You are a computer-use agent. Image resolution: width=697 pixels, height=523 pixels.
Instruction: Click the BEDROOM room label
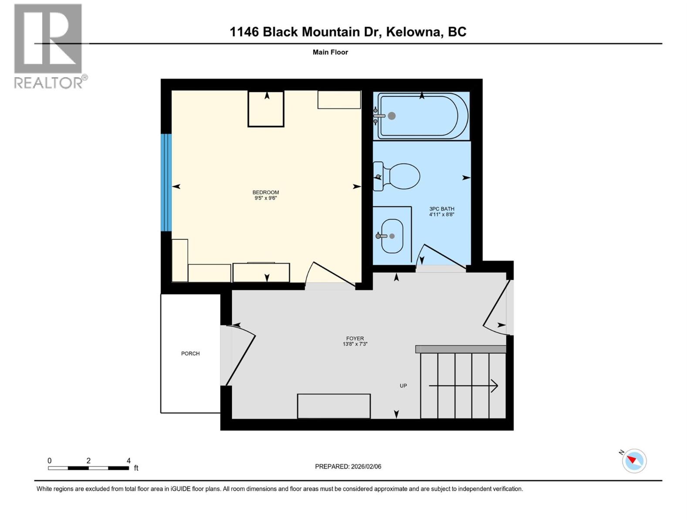point(265,192)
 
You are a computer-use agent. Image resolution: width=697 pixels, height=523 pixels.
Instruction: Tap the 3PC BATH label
point(442,209)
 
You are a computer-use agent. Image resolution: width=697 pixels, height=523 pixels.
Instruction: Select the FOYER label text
point(355,338)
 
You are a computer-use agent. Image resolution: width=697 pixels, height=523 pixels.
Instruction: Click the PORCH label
point(190,353)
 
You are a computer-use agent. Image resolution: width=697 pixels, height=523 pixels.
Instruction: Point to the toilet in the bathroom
point(403,177)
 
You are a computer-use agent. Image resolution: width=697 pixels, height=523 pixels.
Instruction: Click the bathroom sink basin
point(392,236)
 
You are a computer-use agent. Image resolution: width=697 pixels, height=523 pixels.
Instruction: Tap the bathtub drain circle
point(392,116)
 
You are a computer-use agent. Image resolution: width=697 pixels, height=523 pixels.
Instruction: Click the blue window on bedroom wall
point(166,182)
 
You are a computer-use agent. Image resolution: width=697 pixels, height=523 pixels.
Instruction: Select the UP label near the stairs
point(403,386)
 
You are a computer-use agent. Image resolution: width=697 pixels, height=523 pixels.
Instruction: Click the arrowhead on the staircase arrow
point(495,386)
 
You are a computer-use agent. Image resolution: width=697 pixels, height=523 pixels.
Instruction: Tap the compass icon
point(634,461)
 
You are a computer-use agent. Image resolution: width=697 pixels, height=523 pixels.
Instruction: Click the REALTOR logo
point(48,45)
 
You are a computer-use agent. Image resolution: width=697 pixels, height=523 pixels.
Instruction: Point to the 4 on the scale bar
point(129,461)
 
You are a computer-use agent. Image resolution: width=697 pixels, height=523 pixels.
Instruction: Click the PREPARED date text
point(348,466)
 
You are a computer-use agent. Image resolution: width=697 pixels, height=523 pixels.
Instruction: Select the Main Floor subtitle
point(330,52)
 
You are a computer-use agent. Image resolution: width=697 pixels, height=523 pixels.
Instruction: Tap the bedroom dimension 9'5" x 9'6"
point(266,198)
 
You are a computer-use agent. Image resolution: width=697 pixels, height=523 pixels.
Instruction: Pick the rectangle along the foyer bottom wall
point(334,406)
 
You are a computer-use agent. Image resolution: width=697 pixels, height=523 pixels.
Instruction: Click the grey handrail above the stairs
point(460,349)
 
